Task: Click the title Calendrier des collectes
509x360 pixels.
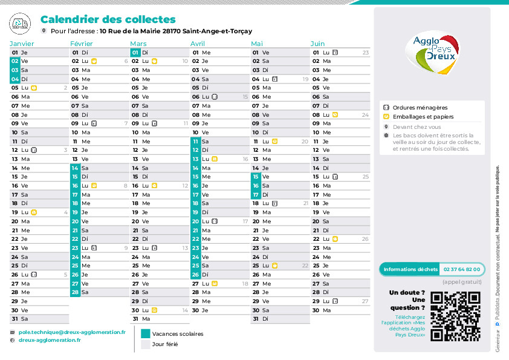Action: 108,19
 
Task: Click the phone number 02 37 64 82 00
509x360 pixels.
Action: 462,269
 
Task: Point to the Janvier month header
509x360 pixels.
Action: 22,44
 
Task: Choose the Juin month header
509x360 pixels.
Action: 318,44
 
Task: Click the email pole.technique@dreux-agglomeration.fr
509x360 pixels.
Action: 72,332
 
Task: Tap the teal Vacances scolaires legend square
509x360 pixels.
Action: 145,333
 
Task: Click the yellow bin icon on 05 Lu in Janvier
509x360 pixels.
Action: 34,88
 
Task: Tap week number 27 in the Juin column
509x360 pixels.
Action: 365,301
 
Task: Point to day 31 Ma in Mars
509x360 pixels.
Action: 141,318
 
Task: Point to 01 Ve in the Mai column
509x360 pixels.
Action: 261,53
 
